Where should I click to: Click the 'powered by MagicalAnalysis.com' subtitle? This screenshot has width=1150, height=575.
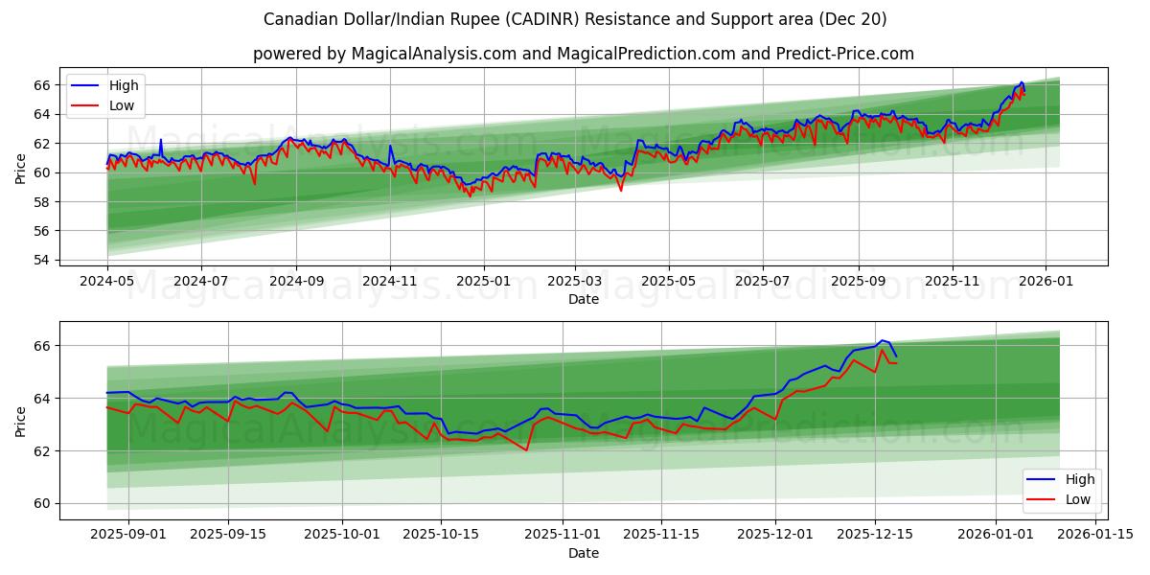pos(583,54)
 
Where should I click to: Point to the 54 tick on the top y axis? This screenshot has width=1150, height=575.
pos(43,260)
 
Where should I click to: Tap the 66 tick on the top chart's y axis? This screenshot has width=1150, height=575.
pos(43,85)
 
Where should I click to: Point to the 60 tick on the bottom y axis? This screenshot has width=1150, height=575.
pos(43,503)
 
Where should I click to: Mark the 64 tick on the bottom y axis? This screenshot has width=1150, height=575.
pos(43,398)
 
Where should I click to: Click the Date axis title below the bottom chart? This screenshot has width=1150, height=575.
pos(583,553)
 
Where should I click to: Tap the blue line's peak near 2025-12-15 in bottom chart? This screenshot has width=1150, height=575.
pos(883,340)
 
